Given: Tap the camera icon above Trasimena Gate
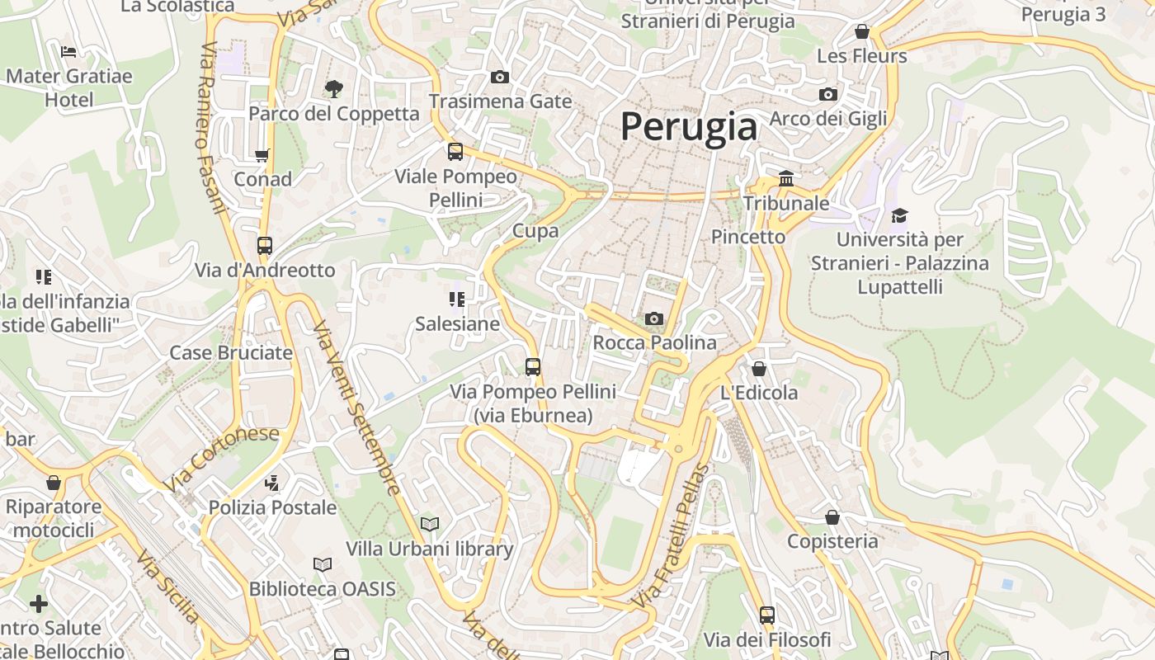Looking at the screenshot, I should point(499,77).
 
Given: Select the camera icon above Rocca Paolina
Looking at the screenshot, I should point(653,318).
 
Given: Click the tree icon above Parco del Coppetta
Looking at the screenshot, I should point(333,88).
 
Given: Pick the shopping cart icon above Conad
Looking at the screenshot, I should point(262,155).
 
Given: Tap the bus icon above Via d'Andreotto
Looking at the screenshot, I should point(264,245).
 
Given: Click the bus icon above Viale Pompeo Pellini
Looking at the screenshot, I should point(455,151).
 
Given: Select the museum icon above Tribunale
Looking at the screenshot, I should point(785,178).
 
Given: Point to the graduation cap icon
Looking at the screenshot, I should point(898,215).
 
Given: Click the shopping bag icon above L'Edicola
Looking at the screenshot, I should point(758,368).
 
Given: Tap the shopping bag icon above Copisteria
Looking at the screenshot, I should point(832,517).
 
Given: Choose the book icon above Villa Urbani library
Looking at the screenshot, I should point(429,524).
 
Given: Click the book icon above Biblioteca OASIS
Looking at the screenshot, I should point(322,564).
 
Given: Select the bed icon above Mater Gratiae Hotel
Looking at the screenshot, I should point(68,51).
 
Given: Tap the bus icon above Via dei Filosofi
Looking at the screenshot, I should point(766,615).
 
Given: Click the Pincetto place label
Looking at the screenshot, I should point(748,237).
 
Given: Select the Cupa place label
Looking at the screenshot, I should point(535,231).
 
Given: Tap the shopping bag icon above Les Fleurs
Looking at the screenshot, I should point(861,31).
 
